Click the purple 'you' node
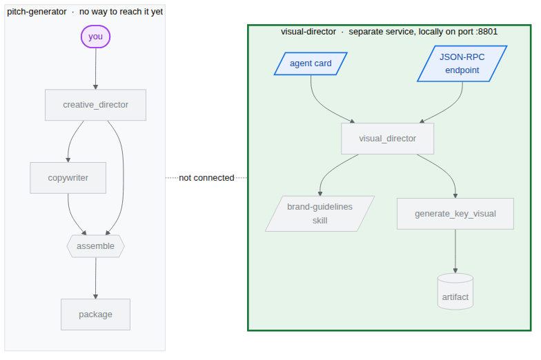[95, 37]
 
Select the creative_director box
[95, 105]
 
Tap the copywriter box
[68, 178]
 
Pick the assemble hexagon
[95, 246]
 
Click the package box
[95, 314]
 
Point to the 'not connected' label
[206, 178]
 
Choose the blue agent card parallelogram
[311, 63]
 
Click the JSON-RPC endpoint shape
[462, 63]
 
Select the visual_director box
[388, 139]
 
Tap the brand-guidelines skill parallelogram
[320, 214]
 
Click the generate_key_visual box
[455, 214]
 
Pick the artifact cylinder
[455, 292]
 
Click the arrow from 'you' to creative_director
[95, 69]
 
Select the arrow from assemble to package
[95, 278]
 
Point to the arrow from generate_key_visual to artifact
[455, 251]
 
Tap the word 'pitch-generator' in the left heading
[37, 12]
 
